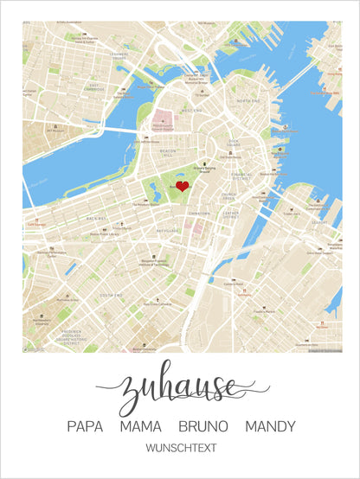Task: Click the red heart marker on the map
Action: tap(183, 186)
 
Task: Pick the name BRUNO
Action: tap(203, 426)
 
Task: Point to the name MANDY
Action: tap(270, 426)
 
